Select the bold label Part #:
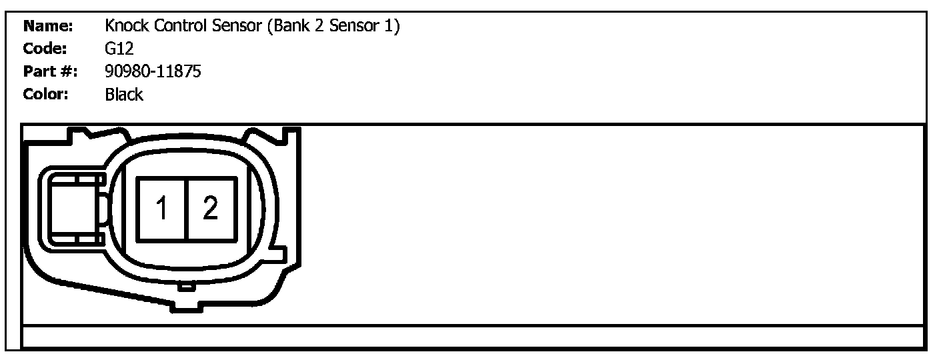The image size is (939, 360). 50,71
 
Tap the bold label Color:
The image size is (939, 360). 45,94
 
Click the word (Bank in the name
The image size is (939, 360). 289,27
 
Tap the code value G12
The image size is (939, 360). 119,49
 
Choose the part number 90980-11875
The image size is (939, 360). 153,71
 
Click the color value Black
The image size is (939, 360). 123,94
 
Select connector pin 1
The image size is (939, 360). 161,209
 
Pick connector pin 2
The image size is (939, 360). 211,209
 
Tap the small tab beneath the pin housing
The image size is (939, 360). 187,287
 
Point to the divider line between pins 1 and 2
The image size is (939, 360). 187,209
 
